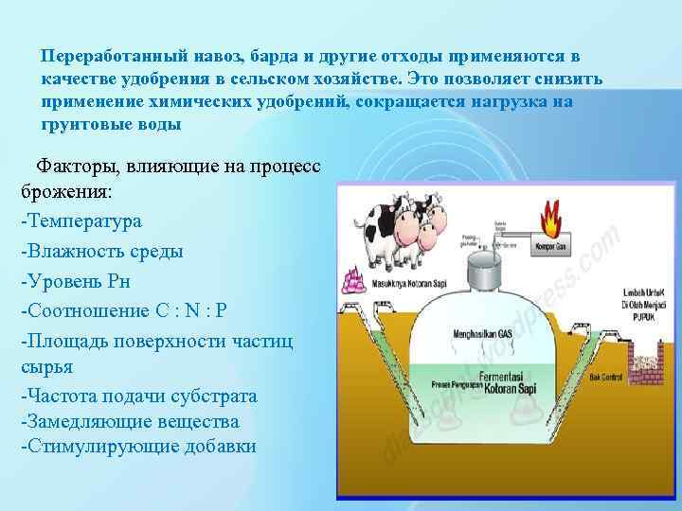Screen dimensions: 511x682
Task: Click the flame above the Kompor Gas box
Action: pyautogui.click(x=551, y=220)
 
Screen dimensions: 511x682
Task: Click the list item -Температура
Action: pyautogui.click(x=81, y=221)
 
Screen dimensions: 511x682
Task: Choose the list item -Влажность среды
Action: pyautogui.click(x=101, y=252)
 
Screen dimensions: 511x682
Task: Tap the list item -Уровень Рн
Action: pyautogui.click(x=75, y=281)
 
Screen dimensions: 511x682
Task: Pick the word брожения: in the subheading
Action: pyautogui.click(x=65, y=191)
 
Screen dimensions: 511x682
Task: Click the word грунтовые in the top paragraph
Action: pyautogui.click(x=84, y=124)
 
